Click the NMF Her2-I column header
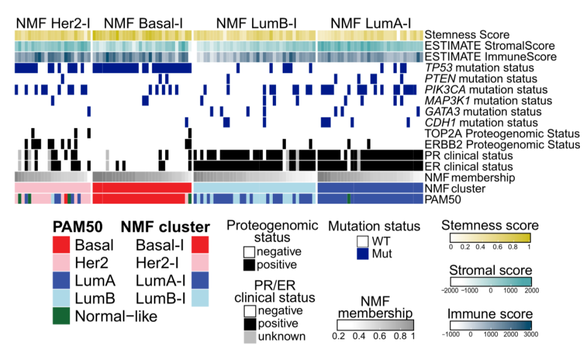53,23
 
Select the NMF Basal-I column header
142,23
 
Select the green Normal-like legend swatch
62,316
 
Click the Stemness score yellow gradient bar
490,238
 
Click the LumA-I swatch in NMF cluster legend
201,280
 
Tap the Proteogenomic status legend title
271,231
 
